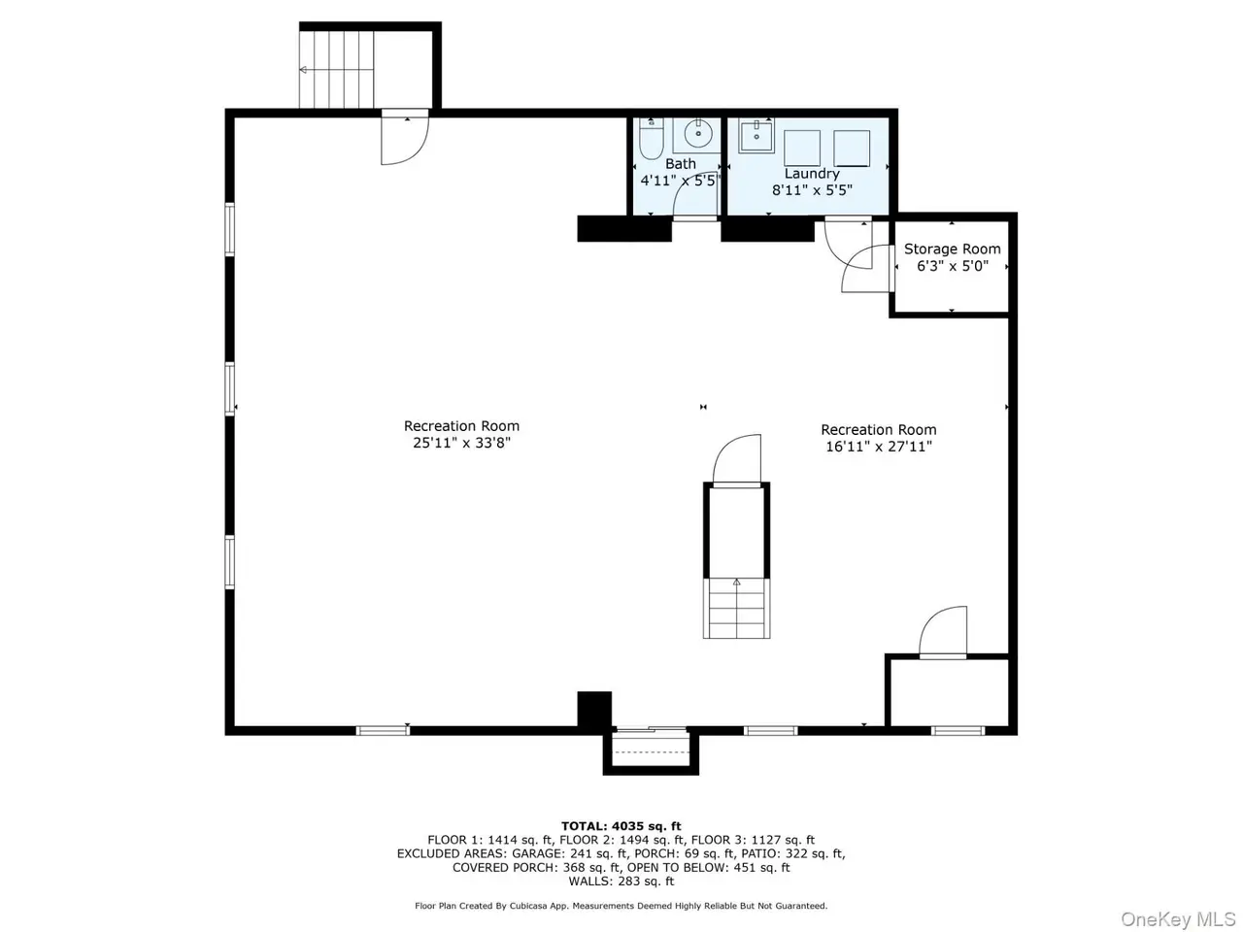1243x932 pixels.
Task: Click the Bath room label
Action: (680, 163)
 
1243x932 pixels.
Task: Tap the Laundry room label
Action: (812, 174)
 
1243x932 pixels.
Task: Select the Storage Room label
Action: (952, 249)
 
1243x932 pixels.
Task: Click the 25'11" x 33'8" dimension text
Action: (461, 443)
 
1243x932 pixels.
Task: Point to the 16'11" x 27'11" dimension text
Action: (878, 447)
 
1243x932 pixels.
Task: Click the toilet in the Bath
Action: (651, 139)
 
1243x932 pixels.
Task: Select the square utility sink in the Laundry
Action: (756, 135)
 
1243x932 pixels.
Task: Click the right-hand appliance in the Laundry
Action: (851, 149)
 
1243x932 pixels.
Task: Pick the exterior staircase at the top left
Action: (336, 69)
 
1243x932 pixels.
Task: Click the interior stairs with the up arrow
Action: (736, 608)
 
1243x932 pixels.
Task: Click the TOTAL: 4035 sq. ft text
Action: (621, 826)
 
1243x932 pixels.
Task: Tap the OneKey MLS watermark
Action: (1178, 919)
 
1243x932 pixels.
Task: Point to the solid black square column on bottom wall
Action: (594, 709)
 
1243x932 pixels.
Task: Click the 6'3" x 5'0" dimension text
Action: (953, 266)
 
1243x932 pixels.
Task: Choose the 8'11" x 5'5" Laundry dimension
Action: (812, 190)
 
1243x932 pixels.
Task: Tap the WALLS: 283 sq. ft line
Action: (621, 882)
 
